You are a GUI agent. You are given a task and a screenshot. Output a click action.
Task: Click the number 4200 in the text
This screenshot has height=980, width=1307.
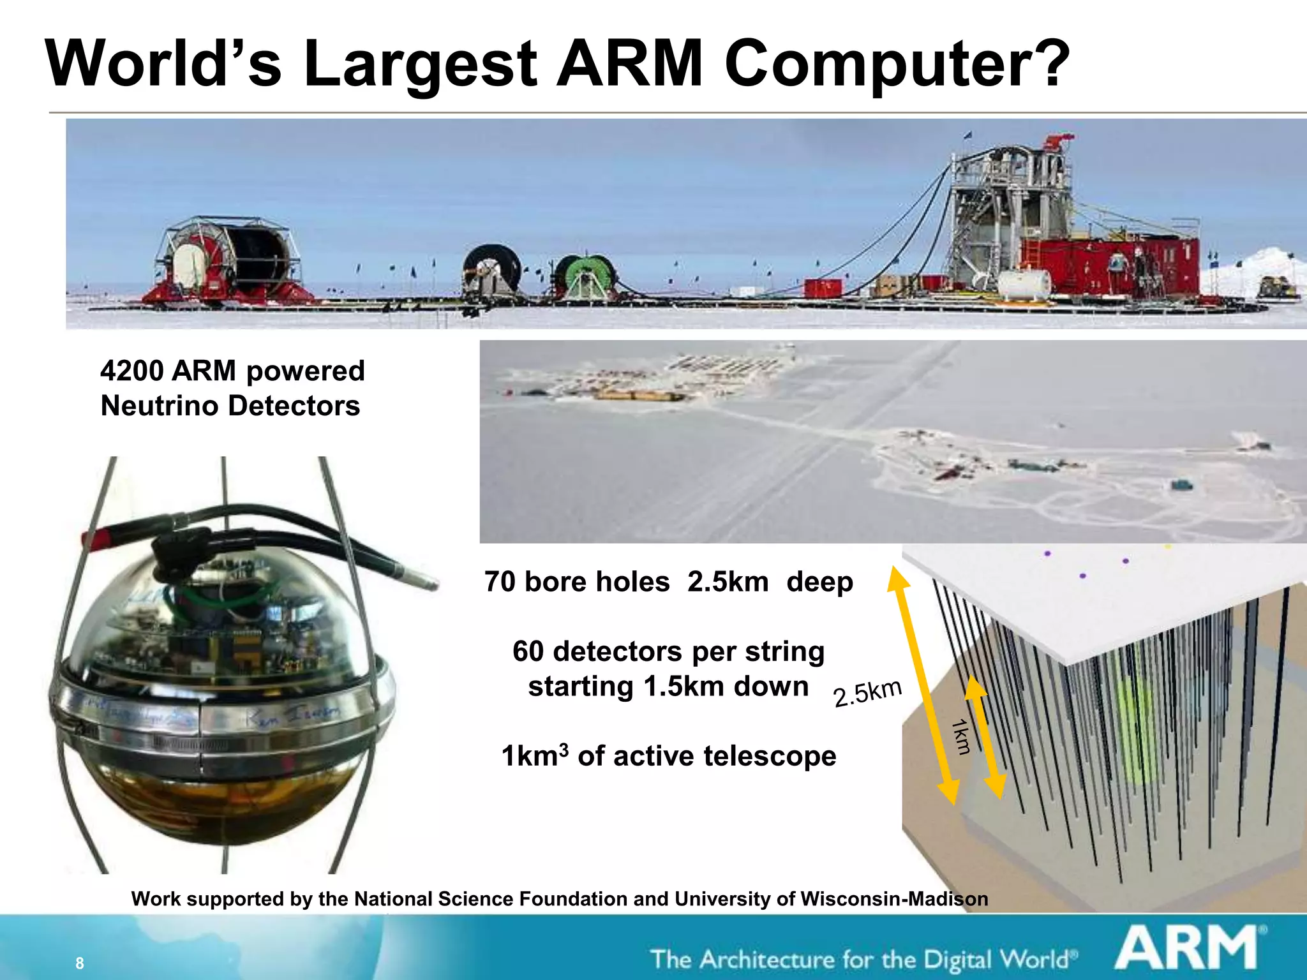[x=131, y=371]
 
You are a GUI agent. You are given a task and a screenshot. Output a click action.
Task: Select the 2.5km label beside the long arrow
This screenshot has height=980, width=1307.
[x=867, y=693]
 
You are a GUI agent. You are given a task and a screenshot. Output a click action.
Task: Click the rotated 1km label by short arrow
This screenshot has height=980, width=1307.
[x=960, y=736]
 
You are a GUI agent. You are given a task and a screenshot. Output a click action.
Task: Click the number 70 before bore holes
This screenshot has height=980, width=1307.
[x=499, y=582]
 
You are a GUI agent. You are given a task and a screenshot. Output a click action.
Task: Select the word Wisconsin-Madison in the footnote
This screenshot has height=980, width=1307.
[x=894, y=899]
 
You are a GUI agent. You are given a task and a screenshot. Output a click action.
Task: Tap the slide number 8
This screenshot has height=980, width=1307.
[x=79, y=963]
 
